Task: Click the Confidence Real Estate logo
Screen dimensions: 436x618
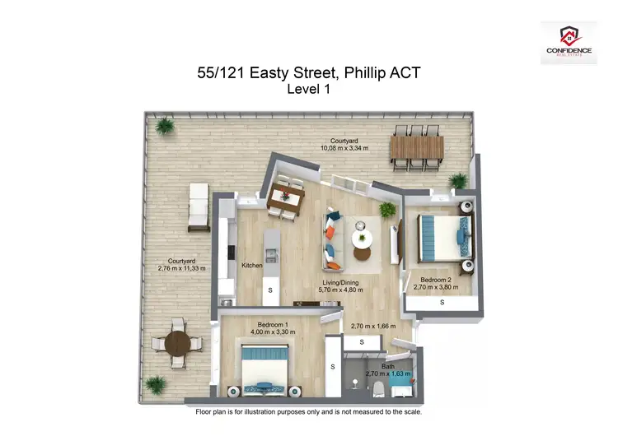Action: pos(569,44)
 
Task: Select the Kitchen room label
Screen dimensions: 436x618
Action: pos(251,266)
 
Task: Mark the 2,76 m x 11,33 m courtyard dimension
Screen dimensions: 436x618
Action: pos(181,268)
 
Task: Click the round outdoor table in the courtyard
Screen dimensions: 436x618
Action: pos(177,346)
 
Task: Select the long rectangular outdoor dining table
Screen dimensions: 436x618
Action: pos(416,150)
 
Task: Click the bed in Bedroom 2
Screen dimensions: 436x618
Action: pos(445,236)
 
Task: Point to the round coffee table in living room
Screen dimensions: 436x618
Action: pos(363,239)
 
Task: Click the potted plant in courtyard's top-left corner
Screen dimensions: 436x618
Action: pos(166,126)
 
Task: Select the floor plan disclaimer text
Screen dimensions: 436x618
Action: pos(309,410)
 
